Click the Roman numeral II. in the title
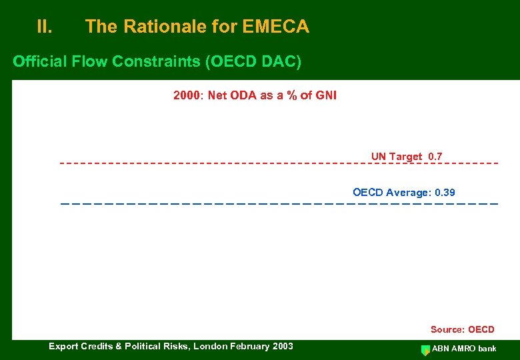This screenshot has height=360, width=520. (45, 27)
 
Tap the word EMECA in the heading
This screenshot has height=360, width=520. (276, 27)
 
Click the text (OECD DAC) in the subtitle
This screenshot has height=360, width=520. (253, 62)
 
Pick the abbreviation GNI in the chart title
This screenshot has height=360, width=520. (325, 95)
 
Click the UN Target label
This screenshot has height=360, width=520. (397, 157)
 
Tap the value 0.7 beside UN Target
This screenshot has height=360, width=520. (435, 157)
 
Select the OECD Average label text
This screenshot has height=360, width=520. (391, 193)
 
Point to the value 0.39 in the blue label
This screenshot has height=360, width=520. (445, 193)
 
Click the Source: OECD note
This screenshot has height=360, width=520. (462, 329)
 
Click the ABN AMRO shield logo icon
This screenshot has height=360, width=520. (425, 349)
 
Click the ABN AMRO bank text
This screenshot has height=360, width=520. (464, 349)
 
